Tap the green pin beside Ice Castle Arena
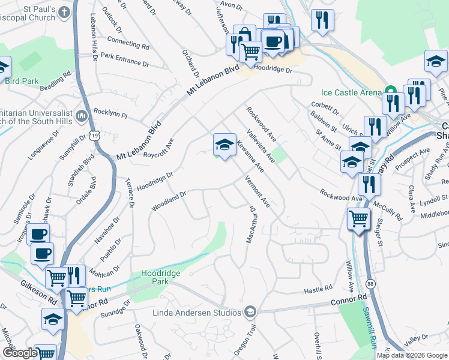391,92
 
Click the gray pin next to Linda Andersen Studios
250,312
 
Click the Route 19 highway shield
94,136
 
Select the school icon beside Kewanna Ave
224,144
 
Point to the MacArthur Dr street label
251,224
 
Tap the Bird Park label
22,81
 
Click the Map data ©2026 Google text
412,355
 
